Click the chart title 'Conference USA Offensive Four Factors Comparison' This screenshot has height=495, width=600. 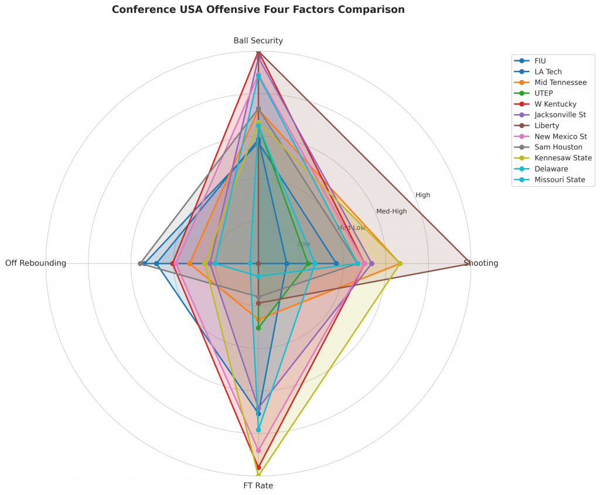click(258, 10)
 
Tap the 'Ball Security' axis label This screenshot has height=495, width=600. click(258, 41)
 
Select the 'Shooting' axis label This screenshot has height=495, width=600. click(481, 263)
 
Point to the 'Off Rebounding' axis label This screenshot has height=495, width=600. click(36, 263)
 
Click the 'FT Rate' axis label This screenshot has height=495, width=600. click(258, 486)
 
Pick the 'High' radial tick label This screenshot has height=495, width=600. click(422, 195)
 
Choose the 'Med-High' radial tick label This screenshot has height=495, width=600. click(391, 211)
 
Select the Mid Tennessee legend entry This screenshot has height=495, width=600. click(560, 82)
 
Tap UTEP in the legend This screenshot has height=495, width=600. click(544, 93)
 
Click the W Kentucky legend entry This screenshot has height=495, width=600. click(555, 104)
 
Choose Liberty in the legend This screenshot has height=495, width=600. click(547, 125)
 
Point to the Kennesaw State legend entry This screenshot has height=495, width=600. click(563, 158)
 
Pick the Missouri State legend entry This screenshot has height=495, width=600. click(560, 180)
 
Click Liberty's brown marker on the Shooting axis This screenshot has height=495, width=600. click(467, 263)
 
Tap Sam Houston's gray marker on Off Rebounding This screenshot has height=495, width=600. click(141, 263)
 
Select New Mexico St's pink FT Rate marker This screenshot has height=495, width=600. click(258, 451)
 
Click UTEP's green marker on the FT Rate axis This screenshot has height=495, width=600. click(258, 328)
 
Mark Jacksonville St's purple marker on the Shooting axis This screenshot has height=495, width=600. click(371, 263)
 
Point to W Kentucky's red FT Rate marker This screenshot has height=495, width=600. click(258, 467)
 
